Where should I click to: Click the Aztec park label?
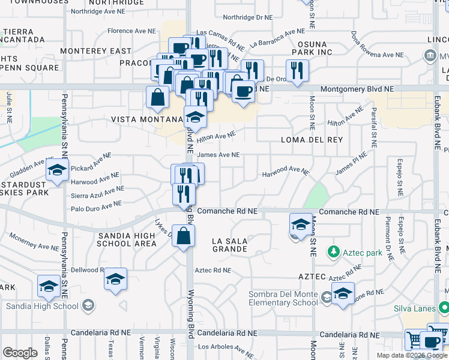tap(362, 253)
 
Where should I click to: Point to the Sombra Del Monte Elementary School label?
tap(283, 298)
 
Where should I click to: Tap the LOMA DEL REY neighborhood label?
tap(312, 140)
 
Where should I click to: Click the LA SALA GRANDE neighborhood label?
tap(230, 245)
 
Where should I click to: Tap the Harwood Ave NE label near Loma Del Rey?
tap(285, 174)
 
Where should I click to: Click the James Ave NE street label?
tap(218, 155)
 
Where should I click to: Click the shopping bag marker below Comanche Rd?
tap(183, 236)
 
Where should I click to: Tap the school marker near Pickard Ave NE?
tap(58, 172)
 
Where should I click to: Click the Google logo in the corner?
tap(20, 352)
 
